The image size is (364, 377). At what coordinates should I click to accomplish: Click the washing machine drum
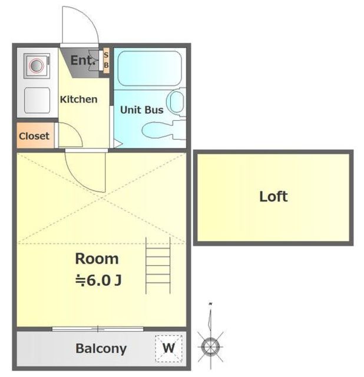(x=37, y=65)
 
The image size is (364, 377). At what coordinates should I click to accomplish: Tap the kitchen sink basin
(x=37, y=100)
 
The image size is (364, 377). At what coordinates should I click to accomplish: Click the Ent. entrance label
(x=83, y=60)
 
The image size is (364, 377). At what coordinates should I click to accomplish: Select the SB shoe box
(x=106, y=60)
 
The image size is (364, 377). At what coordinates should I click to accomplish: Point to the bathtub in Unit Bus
(x=150, y=68)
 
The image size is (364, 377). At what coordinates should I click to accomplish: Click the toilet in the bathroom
(x=164, y=130)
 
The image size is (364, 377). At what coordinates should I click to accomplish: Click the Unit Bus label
(x=142, y=110)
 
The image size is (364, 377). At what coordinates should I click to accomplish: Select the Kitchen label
(x=78, y=100)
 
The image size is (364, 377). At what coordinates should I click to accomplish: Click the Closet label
(x=34, y=136)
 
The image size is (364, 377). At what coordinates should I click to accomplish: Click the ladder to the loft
(x=158, y=266)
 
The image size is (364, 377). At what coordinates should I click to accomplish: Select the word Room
(x=97, y=259)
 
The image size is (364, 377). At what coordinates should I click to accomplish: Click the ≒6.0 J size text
(x=98, y=280)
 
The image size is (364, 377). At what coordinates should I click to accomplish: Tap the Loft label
(x=274, y=197)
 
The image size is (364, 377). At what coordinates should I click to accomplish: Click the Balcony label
(x=101, y=349)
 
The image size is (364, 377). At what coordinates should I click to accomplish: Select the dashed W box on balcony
(x=168, y=348)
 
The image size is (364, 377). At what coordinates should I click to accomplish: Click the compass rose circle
(x=211, y=347)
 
